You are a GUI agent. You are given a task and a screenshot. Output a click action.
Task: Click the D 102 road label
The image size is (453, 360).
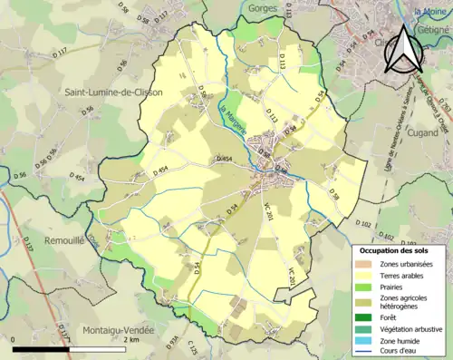pyautogui.click(x=364, y=222)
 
